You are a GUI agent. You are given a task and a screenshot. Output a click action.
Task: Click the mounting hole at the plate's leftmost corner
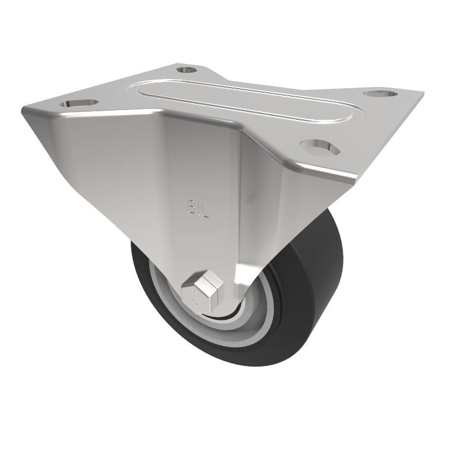point(78,103)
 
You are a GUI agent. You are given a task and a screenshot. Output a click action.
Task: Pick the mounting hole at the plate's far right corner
point(379,93)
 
